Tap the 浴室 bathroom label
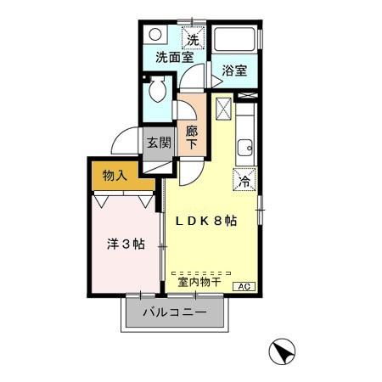[x=235, y=71]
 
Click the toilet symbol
[x=158, y=91]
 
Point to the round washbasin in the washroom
[x=154, y=37]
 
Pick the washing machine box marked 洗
[x=193, y=38]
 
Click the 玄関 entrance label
[x=157, y=143]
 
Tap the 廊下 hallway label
[x=192, y=138]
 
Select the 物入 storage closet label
[x=115, y=176]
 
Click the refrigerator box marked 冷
[x=244, y=180]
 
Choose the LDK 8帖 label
[x=206, y=221]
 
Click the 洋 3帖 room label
[x=124, y=244]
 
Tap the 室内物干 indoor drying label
[x=199, y=282]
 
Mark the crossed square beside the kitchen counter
[x=222, y=109]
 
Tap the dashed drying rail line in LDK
[x=207, y=271]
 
